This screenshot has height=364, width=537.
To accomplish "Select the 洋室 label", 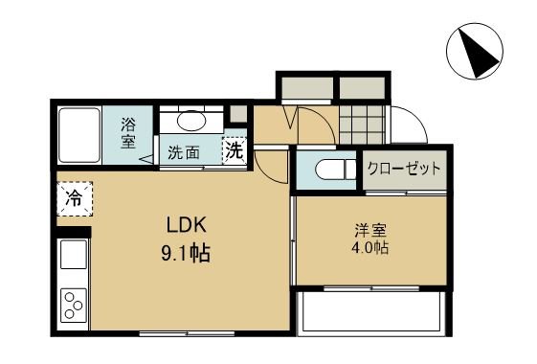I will (369, 230).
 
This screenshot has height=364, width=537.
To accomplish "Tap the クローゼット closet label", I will (404, 169).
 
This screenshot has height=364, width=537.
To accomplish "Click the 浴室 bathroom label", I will (128, 133).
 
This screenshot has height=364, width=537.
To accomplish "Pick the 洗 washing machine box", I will (234, 150).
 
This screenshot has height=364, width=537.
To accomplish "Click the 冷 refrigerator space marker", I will (73, 199).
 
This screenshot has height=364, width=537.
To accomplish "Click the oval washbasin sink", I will (193, 122).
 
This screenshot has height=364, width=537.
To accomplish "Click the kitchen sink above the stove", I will (73, 256).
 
